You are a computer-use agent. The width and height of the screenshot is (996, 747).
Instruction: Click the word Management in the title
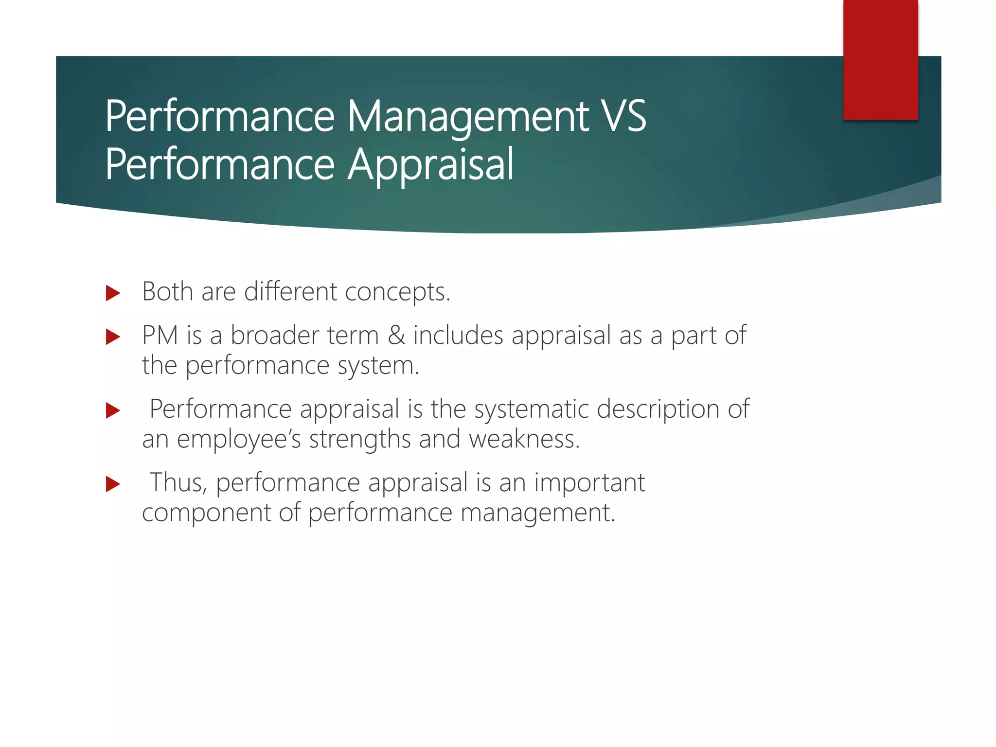[468, 117]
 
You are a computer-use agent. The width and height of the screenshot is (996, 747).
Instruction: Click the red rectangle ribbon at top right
[880, 59]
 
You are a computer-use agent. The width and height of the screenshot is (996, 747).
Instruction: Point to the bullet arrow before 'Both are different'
[113, 293]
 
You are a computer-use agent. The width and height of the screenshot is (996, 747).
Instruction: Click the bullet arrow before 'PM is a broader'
[113, 337]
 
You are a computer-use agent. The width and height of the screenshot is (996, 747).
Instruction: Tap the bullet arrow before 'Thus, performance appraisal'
[113, 484]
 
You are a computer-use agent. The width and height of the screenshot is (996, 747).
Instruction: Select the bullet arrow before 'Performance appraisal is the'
[113, 410]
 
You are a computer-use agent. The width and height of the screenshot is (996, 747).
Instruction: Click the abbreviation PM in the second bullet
[160, 336]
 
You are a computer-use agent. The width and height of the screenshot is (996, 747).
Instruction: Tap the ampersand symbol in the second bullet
[396, 336]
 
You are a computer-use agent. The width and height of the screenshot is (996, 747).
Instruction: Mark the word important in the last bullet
[589, 483]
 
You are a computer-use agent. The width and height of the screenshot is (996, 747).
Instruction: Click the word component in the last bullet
[206, 513]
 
